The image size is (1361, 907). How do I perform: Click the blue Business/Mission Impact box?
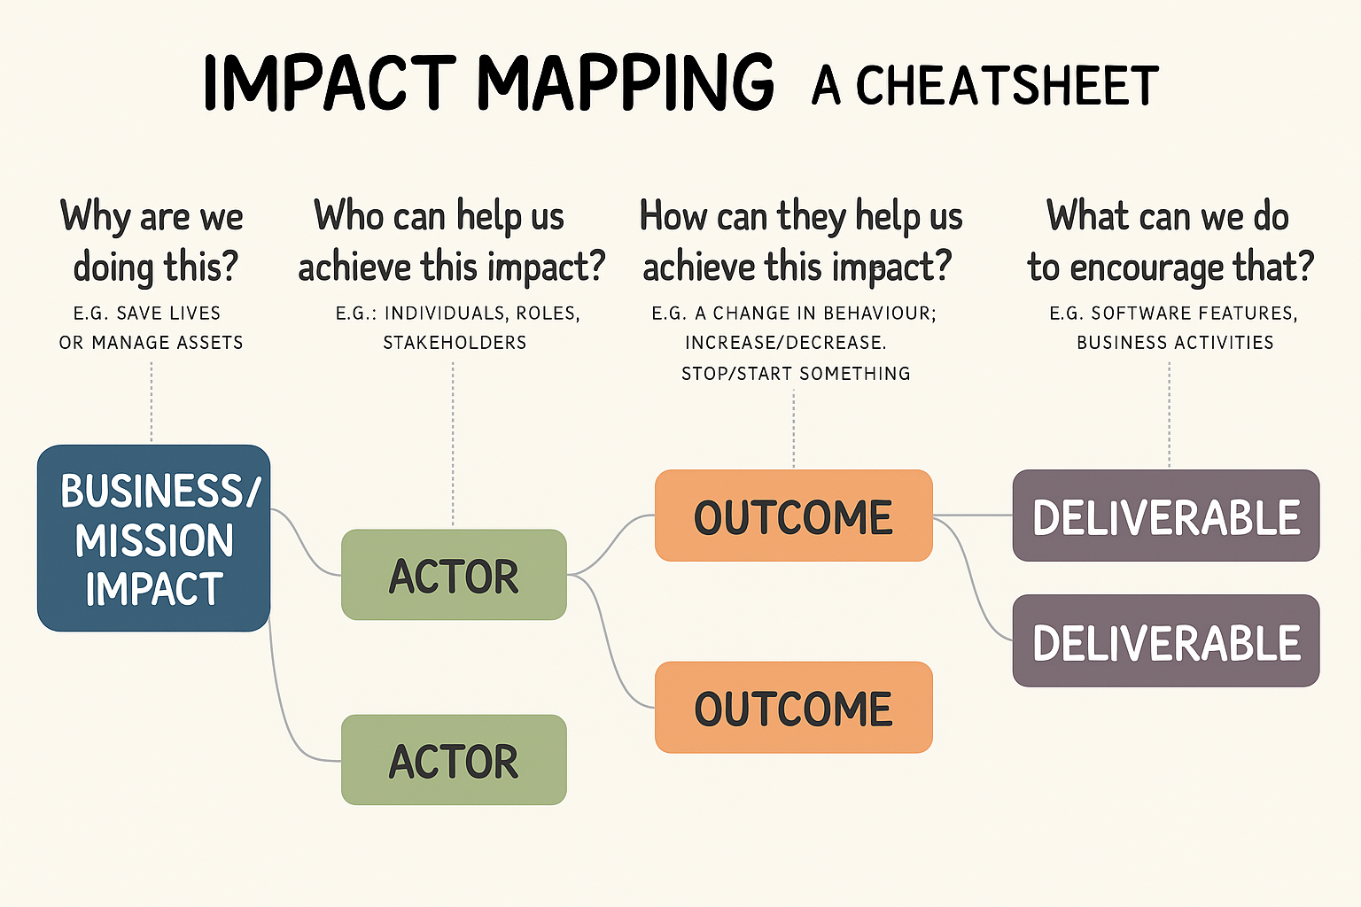153,538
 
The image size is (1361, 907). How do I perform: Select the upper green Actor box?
454,574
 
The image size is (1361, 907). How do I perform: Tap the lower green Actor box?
454,759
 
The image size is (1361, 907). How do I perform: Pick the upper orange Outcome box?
794,516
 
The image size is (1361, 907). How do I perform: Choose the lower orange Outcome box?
794,707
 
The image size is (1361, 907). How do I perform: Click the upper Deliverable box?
1166,516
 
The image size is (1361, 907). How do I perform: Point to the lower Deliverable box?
1166,640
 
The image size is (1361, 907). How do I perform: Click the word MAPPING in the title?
626,83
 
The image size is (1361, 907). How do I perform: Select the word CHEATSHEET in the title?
1007,85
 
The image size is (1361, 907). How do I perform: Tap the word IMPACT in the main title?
330,83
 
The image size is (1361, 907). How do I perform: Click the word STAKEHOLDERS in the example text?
455,343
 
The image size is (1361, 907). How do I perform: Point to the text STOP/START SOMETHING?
796,373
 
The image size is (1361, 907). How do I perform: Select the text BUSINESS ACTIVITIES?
1175,343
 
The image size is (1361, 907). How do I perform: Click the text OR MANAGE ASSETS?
152,343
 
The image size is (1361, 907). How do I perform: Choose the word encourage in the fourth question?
1146,267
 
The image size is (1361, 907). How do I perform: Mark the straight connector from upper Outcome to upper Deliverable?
973,516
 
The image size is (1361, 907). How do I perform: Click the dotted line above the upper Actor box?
453,445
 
